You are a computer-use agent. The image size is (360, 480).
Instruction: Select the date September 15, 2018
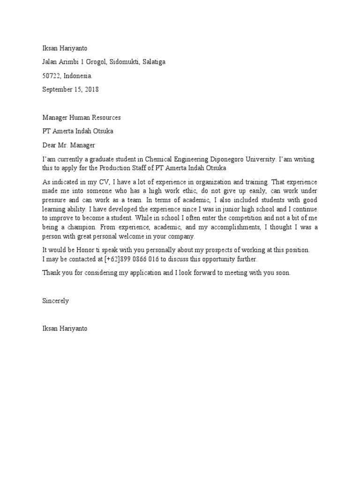pyautogui.click(x=70, y=89)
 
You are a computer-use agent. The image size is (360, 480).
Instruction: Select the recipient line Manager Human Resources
pyautogui.click(x=82, y=117)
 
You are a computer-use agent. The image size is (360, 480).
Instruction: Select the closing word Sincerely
pyautogui.click(x=55, y=301)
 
